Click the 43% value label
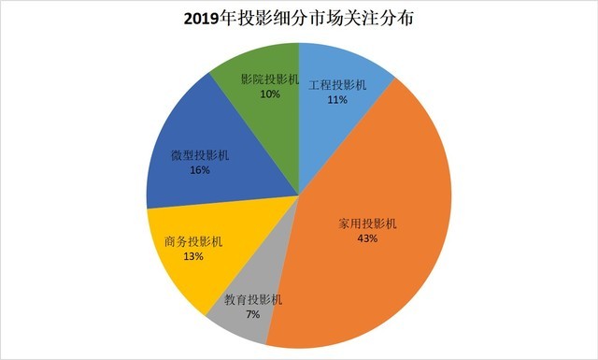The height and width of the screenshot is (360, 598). [366, 239]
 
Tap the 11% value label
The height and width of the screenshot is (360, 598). [337, 99]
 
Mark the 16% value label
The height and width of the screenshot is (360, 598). [197, 171]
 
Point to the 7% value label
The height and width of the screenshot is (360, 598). [253, 315]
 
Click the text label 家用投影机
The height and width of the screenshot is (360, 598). [367, 224]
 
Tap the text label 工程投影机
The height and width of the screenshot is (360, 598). [337, 84]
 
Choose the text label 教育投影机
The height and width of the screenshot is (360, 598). [253, 301]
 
